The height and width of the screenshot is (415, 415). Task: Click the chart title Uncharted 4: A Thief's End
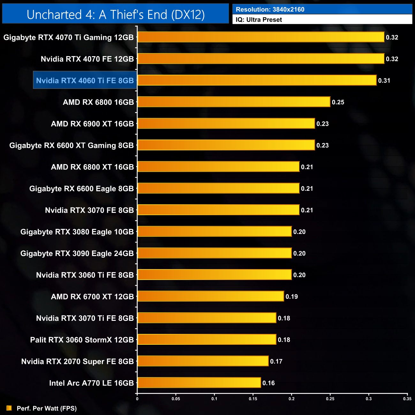[116, 15]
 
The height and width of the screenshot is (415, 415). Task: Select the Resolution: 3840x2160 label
[270, 10]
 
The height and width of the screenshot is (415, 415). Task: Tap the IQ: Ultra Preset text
[259, 20]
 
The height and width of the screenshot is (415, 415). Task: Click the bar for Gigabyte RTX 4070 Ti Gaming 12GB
[261, 37]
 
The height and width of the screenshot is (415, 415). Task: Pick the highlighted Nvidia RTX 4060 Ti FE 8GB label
[85, 80]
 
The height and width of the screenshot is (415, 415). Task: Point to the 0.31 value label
[384, 80]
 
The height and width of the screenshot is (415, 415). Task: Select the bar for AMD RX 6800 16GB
[234, 102]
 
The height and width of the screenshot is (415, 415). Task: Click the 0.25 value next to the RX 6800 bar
[338, 102]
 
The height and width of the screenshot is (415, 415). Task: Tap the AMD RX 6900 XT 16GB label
[92, 124]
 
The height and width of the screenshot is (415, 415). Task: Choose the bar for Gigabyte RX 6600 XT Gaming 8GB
[226, 145]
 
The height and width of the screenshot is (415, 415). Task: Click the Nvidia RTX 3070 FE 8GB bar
[218, 210]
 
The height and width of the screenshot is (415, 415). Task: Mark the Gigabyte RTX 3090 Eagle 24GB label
[77, 253]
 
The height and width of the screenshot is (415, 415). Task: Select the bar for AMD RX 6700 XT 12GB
[211, 296]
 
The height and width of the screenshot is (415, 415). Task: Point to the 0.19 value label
[291, 297]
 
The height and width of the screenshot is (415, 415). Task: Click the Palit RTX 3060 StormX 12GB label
[82, 340]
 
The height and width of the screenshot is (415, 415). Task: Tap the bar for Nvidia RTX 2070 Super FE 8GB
[203, 361]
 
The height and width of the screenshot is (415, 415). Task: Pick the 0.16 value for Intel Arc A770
[268, 383]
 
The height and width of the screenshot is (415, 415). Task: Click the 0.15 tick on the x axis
[253, 399]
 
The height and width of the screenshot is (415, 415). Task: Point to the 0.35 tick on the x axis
[407, 399]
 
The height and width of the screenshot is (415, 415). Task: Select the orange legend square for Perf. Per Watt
[9, 408]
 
